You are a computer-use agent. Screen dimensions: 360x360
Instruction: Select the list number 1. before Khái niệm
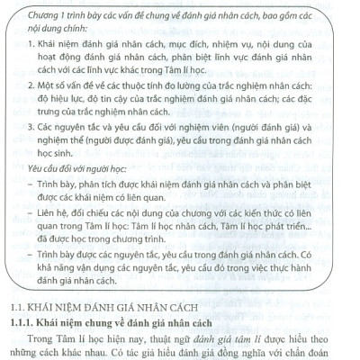(30, 43)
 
